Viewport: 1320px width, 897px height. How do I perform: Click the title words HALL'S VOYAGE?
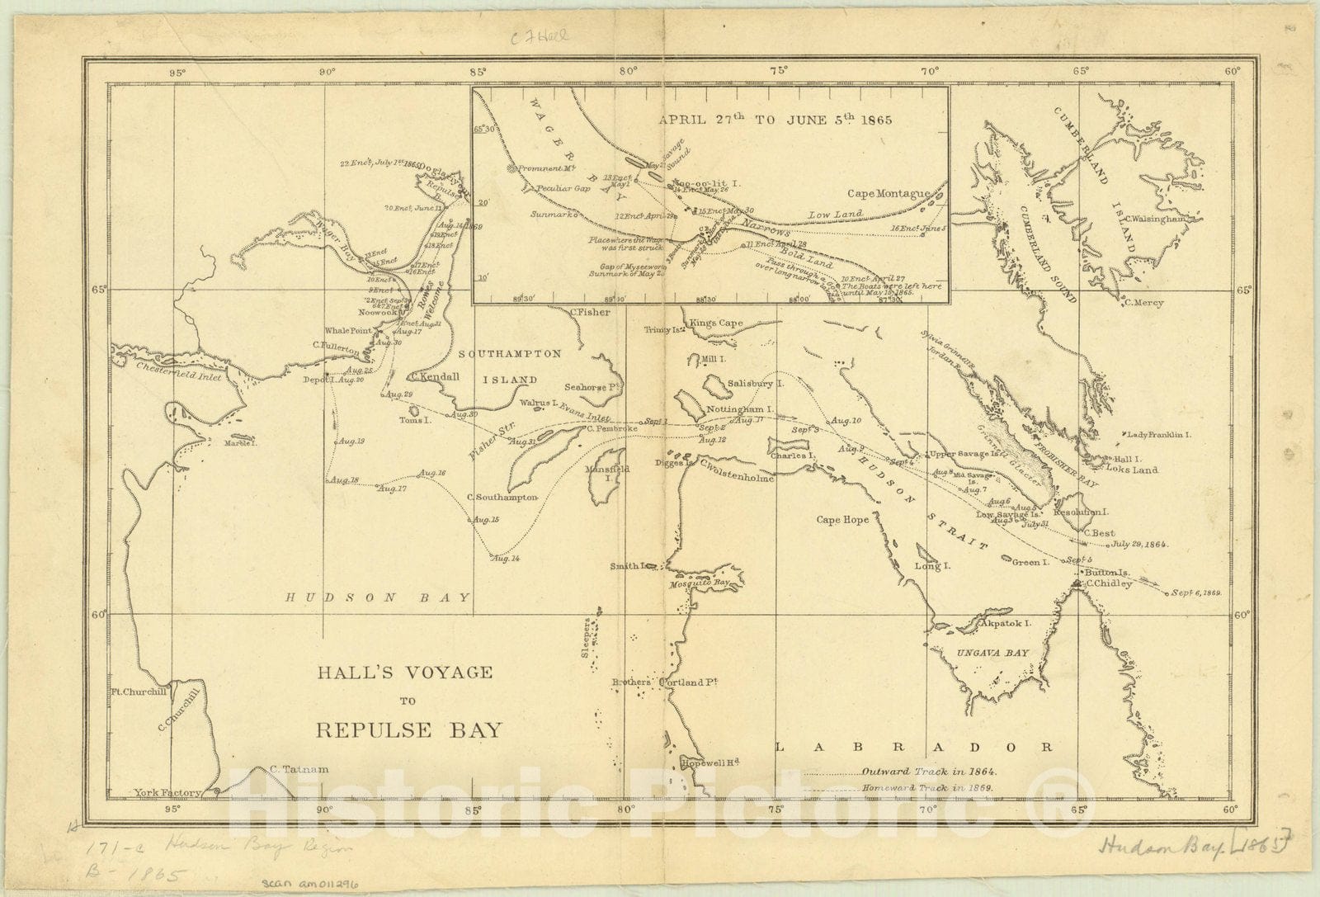pos(405,673)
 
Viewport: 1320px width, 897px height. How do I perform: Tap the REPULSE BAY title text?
pos(408,729)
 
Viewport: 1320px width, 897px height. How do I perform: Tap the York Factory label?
pos(167,793)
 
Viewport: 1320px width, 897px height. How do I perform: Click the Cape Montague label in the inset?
pos(889,193)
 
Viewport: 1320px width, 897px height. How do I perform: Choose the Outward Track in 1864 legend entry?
pos(929,772)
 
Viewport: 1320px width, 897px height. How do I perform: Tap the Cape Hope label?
pos(842,520)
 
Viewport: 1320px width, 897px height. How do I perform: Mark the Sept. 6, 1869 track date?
pos(1195,592)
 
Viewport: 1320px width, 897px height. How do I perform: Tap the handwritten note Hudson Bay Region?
pos(257,847)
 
